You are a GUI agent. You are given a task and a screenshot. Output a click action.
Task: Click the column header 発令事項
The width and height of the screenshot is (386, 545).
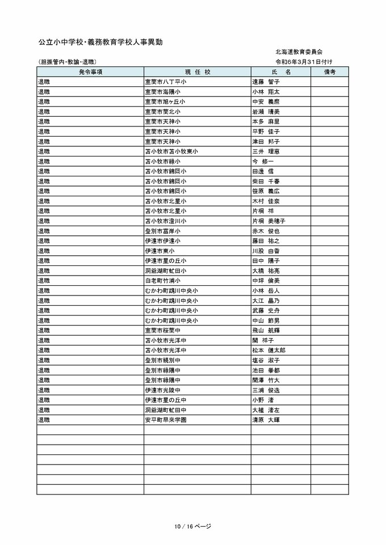(x=90, y=72)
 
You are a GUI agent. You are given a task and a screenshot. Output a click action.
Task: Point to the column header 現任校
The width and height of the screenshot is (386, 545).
(x=197, y=72)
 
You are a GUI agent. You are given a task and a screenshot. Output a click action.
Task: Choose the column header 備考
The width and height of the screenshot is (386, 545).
(x=329, y=72)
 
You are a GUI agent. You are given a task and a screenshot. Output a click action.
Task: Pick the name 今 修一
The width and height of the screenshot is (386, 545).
(x=262, y=161)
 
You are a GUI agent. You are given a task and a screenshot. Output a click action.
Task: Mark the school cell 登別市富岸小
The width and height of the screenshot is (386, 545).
(x=162, y=231)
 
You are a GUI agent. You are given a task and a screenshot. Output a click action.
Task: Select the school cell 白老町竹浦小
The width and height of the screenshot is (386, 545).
(x=162, y=281)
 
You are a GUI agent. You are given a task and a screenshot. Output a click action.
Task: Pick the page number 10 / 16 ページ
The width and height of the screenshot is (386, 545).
(x=193, y=526)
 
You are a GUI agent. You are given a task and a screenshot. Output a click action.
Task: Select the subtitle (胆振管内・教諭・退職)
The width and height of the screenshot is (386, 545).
(x=67, y=61)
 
